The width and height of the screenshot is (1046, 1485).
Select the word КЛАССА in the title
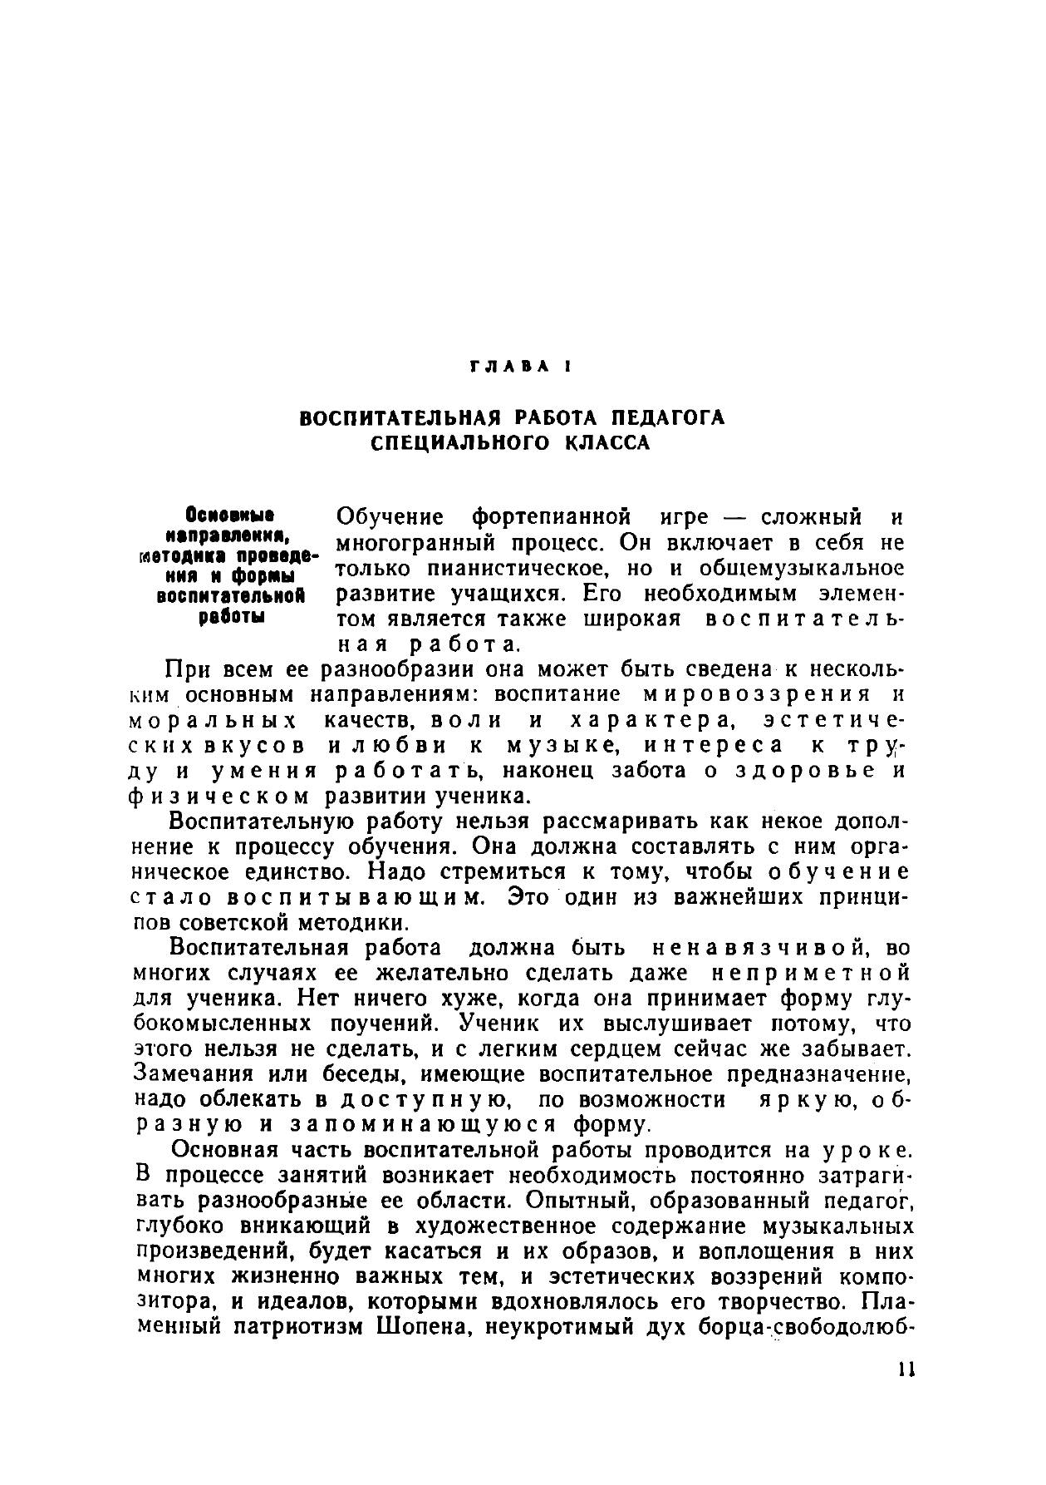click(607, 442)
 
